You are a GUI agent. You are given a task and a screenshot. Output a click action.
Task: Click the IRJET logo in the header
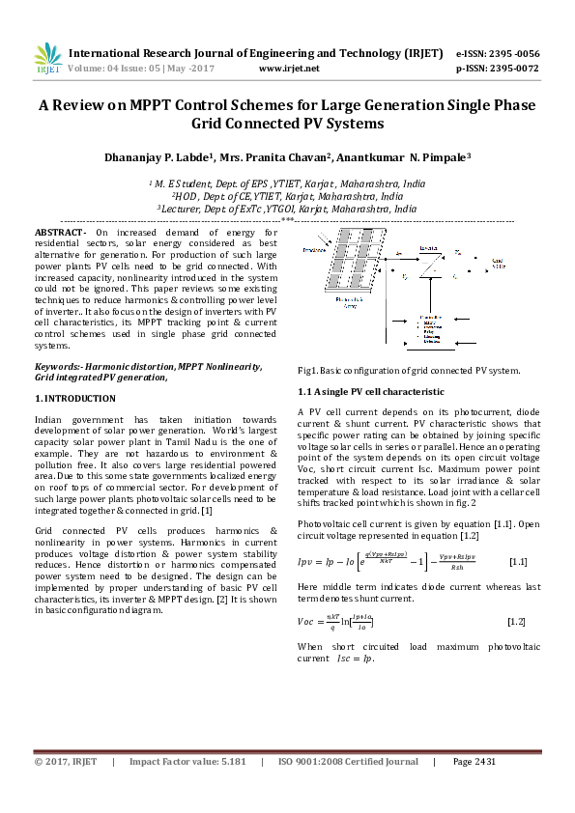click(x=47, y=59)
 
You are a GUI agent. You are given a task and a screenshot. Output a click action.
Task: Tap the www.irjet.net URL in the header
click(x=290, y=70)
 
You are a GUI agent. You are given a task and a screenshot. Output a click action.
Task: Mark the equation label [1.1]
click(x=517, y=561)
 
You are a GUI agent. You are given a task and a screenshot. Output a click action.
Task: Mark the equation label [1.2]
click(x=517, y=628)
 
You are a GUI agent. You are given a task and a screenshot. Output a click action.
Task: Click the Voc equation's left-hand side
click(x=309, y=628)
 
